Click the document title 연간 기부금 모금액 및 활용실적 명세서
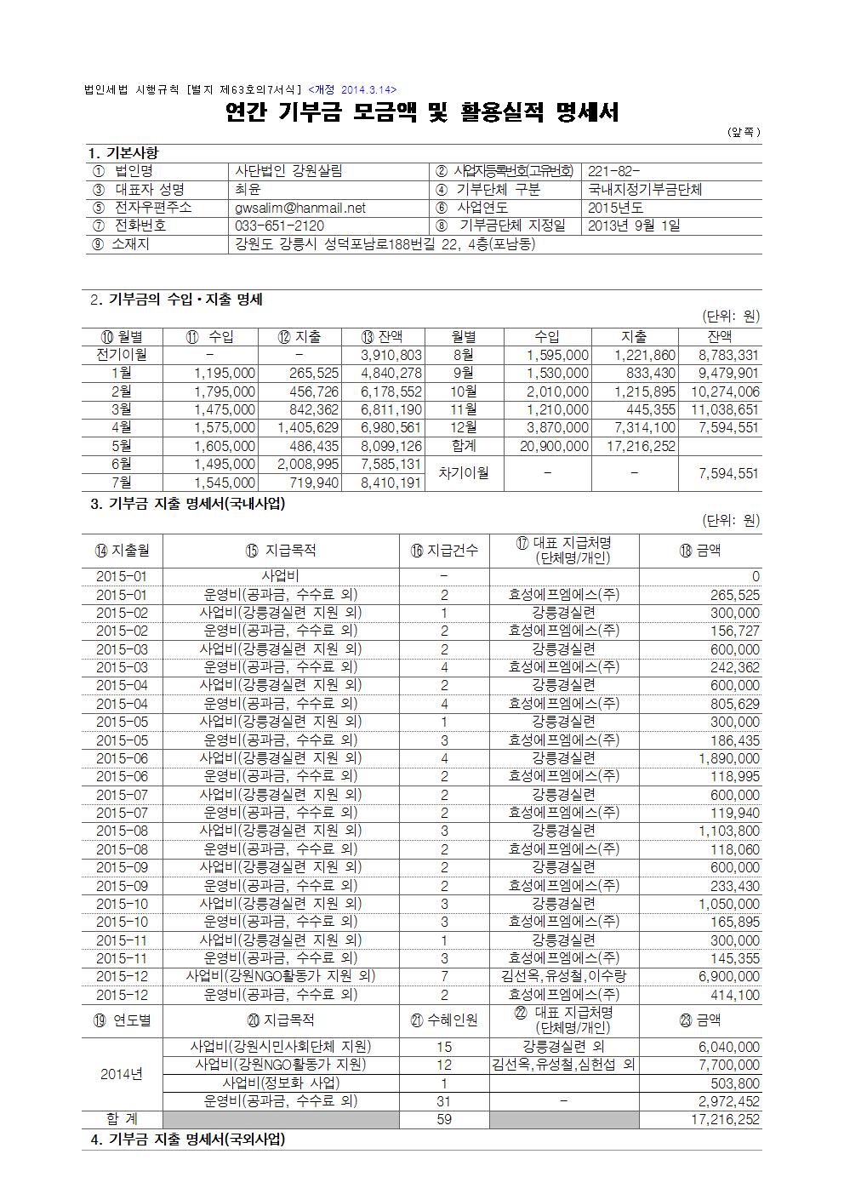[422, 112]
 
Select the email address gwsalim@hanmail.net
[299, 208]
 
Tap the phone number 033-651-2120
[279, 226]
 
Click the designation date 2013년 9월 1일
[634, 226]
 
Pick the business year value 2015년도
[615, 208]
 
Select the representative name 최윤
[248, 190]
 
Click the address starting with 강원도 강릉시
[385, 244]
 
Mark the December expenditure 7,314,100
[645, 427]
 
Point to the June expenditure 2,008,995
[309, 464]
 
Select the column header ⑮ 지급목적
[280, 550]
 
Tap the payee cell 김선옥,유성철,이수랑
[563, 976]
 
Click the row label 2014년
[122, 1074]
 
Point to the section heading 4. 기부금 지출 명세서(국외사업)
[188, 1140]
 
